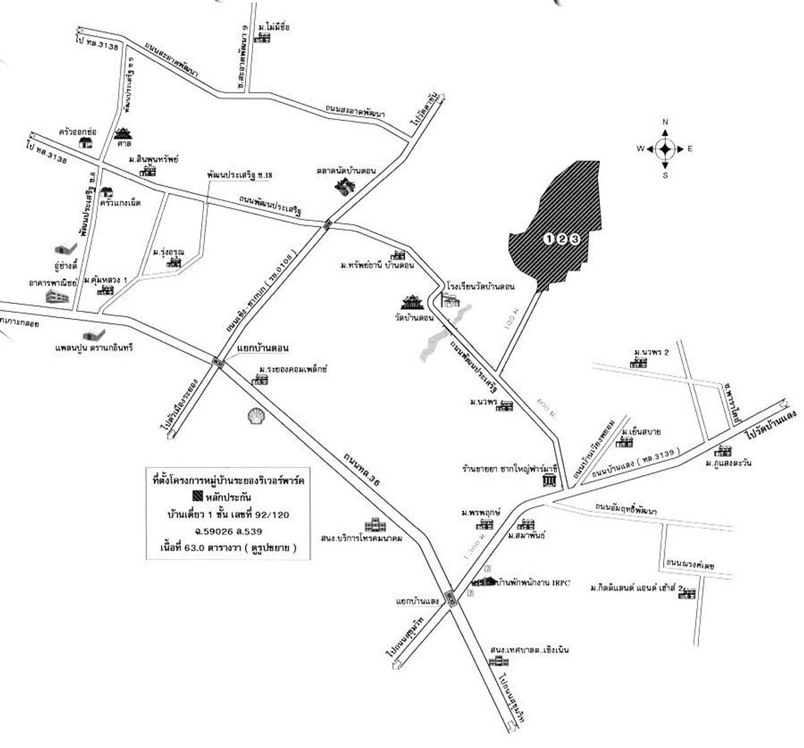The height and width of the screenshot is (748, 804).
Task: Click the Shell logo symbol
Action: (x=256, y=417)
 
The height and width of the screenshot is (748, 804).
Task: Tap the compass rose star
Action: (x=665, y=149)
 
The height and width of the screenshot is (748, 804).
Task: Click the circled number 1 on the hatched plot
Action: (x=549, y=238)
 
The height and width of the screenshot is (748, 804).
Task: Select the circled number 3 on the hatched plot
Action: (x=573, y=238)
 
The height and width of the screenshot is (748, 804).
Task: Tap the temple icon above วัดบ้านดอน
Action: (x=414, y=302)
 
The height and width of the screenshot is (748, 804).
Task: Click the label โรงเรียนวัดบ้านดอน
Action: (x=481, y=287)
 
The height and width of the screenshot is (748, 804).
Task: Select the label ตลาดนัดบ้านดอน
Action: (x=346, y=171)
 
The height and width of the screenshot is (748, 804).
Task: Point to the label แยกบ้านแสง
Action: (x=416, y=601)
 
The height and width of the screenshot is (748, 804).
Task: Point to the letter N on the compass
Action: (x=665, y=122)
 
